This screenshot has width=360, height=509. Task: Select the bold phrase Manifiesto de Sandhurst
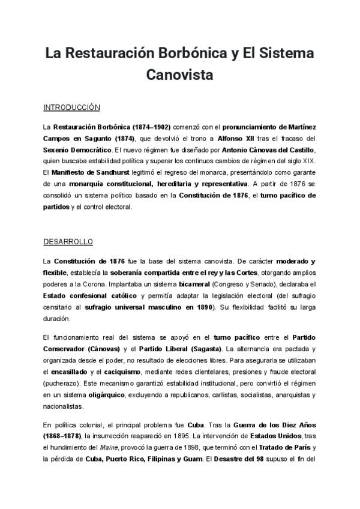click(87, 172)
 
